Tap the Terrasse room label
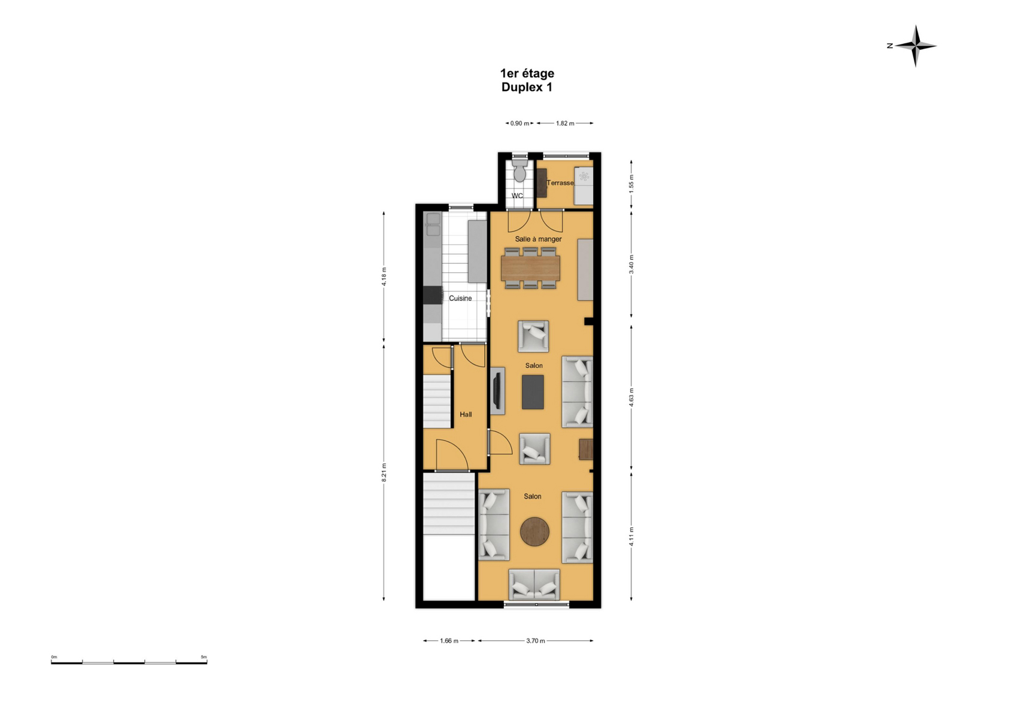(x=560, y=183)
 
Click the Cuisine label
(x=460, y=298)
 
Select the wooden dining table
(x=530, y=268)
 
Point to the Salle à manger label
(x=538, y=239)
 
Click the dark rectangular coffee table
(x=533, y=393)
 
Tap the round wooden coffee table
(x=534, y=531)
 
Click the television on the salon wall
(x=497, y=391)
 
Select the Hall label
(x=466, y=414)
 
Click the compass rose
(x=915, y=45)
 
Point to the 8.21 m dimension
(x=384, y=472)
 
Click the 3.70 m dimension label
(x=536, y=641)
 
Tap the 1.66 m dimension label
(x=449, y=641)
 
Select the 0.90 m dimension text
(x=519, y=123)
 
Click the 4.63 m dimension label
(x=631, y=397)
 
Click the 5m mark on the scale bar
(x=204, y=657)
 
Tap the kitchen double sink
(x=434, y=224)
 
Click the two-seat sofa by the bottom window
(x=534, y=585)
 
